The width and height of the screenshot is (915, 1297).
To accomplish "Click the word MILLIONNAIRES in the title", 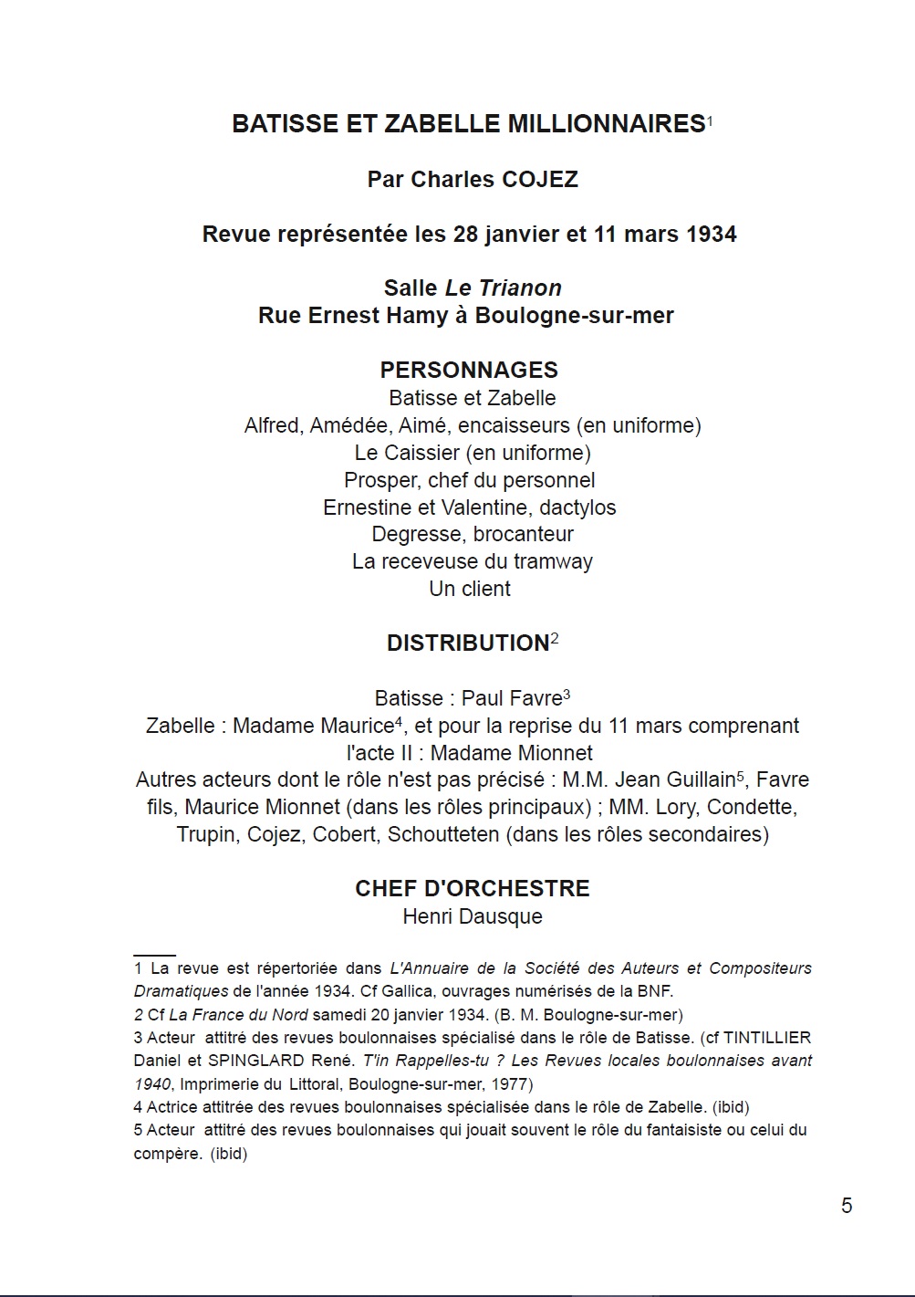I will pyautogui.click(x=606, y=124).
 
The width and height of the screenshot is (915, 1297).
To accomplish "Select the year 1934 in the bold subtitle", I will pyautogui.click(x=711, y=235).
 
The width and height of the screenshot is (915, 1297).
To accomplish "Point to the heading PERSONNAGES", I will pyautogui.click(x=469, y=370).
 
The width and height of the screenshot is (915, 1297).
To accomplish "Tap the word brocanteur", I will pyautogui.click(x=524, y=534).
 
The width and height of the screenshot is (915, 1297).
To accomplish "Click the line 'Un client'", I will pyautogui.click(x=470, y=589).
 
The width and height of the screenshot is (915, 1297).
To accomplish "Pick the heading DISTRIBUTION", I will pyautogui.click(x=468, y=643).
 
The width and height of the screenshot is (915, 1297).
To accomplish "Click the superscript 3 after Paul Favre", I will pyautogui.click(x=567, y=695).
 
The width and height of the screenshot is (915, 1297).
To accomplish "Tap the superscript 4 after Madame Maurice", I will pyautogui.click(x=400, y=722).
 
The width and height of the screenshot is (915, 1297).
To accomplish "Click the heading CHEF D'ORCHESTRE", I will pyautogui.click(x=473, y=889).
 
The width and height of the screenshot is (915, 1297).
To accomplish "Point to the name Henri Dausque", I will pyautogui.click(x=473, y=916).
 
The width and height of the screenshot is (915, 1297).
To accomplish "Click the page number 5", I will pyautogui.click(x=847, y=1206).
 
